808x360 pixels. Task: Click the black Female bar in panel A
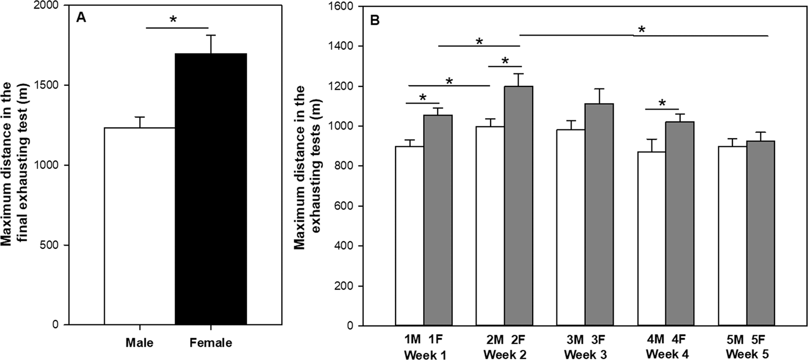pyautogui.click(x=211, y=189)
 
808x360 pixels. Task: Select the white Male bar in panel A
pyautogui.click(x=139, y=226)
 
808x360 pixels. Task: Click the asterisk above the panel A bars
pyautogui.click(x=173, y=21)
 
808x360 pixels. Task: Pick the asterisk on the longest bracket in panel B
pyautogui.click(x=641, y=30)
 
